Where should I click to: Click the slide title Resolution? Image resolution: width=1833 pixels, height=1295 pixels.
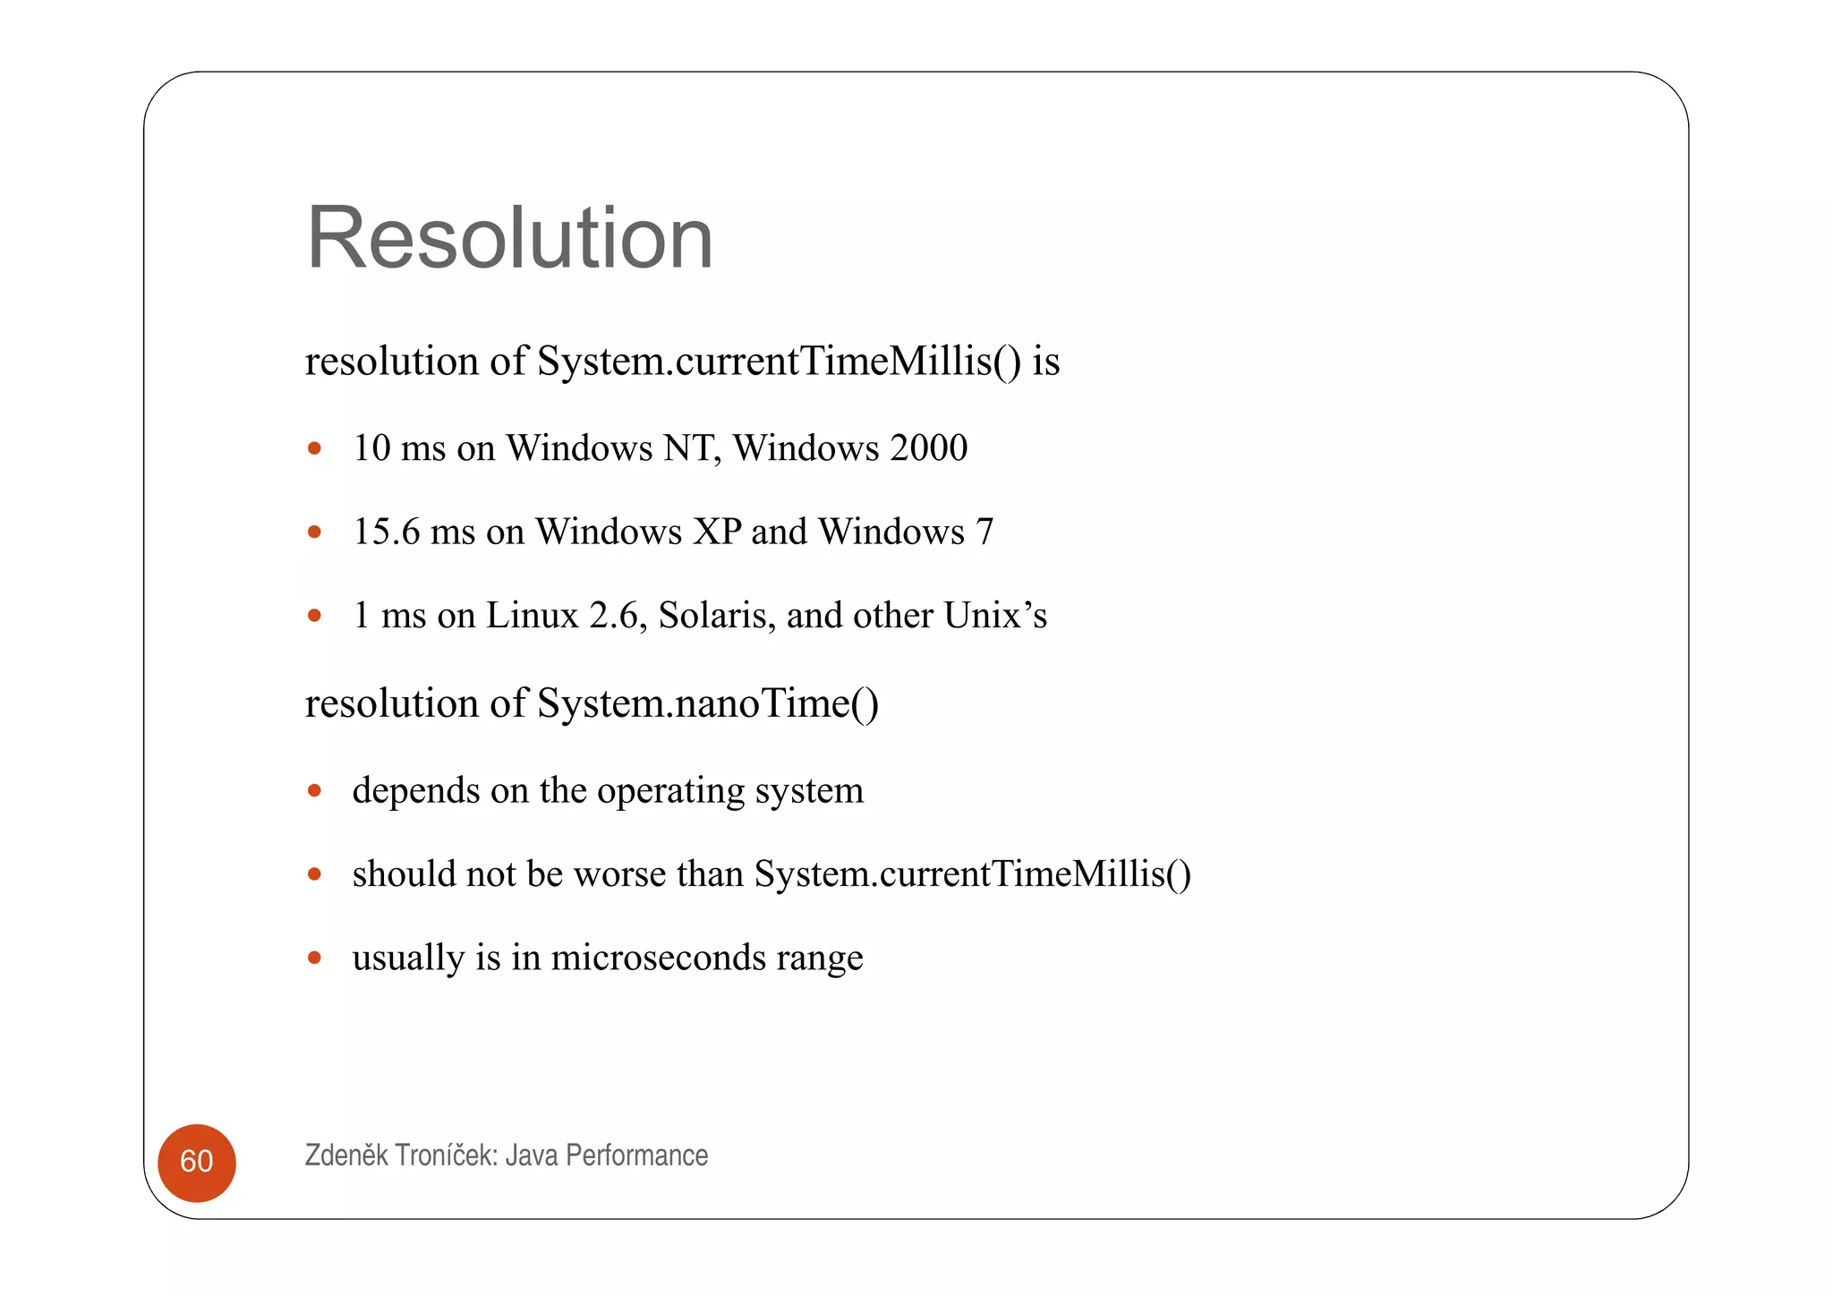(x=509, y=238)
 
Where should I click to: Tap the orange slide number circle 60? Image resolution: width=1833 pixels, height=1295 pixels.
(x=197, y=1162)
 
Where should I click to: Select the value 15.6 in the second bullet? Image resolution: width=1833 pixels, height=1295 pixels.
(x=387, y=532)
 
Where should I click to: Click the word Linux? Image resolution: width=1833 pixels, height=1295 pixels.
(x=532, y=616)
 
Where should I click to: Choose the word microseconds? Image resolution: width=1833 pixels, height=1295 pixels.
(x=658, y=958)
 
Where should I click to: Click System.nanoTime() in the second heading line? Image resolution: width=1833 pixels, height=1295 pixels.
(x=707, y=703)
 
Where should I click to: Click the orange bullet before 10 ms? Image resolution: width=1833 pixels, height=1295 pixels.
(x=314, y=447)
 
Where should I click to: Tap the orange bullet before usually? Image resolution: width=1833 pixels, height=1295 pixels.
(x=314, y=958)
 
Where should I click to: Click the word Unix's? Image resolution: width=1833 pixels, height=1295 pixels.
(x=995, y=616)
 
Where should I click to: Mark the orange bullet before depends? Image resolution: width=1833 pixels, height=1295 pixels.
(x=314, y=790)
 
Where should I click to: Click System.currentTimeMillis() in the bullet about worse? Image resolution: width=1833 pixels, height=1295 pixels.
(x=972, y=874)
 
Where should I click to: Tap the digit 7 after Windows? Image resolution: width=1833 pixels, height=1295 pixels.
(x=985, y=532)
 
